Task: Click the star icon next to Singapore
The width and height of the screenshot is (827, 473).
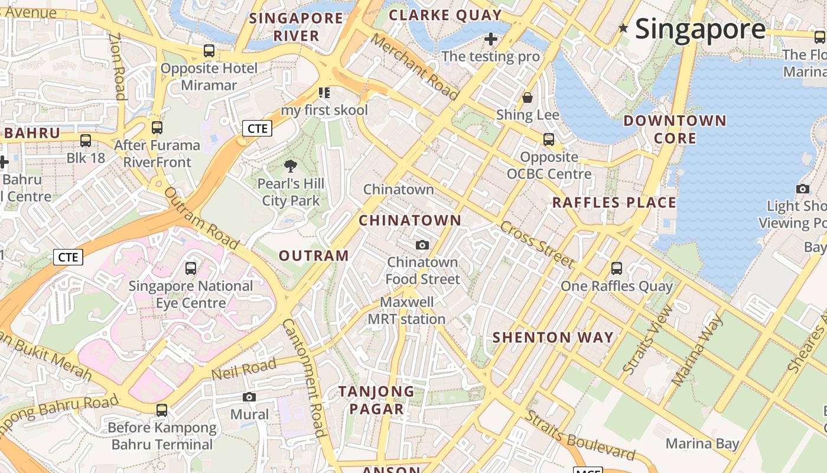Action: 623,28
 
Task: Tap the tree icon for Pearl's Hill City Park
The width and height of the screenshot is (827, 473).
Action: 290,166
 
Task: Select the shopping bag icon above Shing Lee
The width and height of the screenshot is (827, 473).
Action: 527,98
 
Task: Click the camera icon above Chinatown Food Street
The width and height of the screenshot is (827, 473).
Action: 422,245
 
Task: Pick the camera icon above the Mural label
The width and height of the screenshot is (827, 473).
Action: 249,397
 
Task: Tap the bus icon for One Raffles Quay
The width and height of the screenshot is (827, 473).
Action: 617,268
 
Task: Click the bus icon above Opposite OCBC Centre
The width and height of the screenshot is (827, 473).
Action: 549,140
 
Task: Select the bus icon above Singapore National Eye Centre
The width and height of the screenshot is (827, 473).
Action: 191,268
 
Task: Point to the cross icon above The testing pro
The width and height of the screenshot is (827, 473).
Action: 490,40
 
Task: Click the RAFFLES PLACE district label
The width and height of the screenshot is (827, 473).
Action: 614,203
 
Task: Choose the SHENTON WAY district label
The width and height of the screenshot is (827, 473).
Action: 553,338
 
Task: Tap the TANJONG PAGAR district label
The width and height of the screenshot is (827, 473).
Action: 376,400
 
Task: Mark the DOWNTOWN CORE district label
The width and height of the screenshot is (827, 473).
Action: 675,129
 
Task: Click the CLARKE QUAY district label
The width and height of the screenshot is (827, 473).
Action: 445,15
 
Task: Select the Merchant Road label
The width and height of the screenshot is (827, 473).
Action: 415,67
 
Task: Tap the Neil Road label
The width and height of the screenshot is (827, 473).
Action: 243,370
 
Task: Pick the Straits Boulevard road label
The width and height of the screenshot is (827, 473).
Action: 579,436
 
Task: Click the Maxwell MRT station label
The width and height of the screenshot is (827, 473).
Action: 406,310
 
